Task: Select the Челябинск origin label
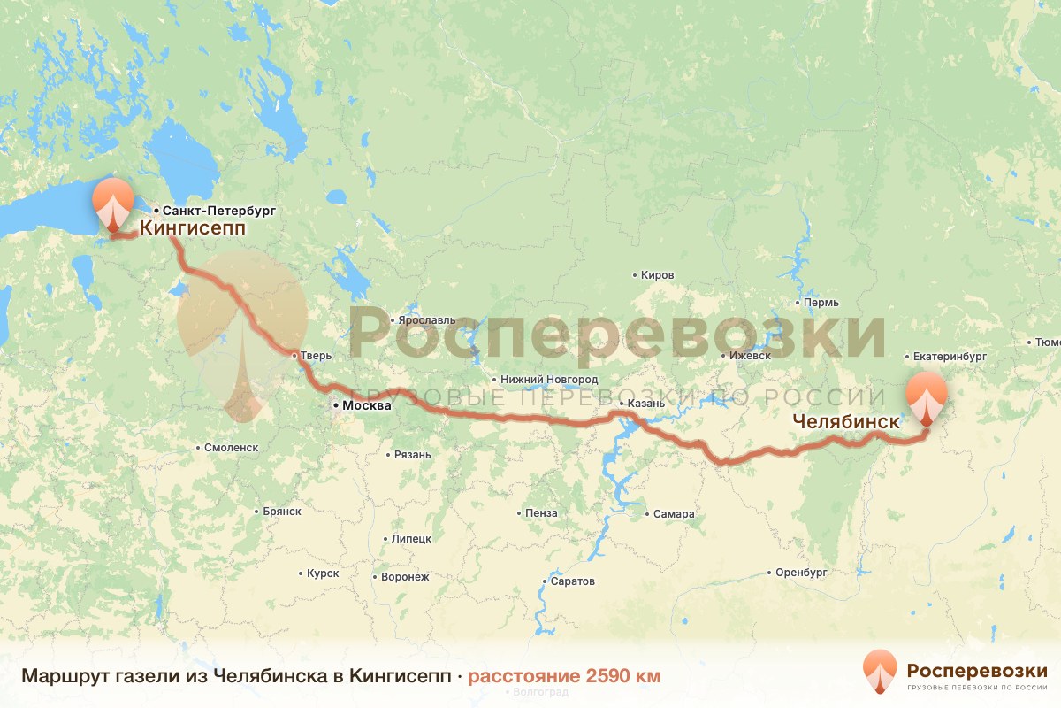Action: click(x=846, y=422)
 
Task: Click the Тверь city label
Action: click(x=316, y=356)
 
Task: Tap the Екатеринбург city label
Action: click(x=950, y=357)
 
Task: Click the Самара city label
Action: click(x=674, y=514)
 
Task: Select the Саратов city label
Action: click(x=572, y=581)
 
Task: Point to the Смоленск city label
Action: click(x=231, y=448)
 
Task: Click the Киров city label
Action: click(x=658, y=275)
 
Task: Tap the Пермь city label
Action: click(x=821, y=303)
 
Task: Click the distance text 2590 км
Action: click(x=564, y=676)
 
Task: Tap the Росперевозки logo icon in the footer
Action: click(x=879, y=670)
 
